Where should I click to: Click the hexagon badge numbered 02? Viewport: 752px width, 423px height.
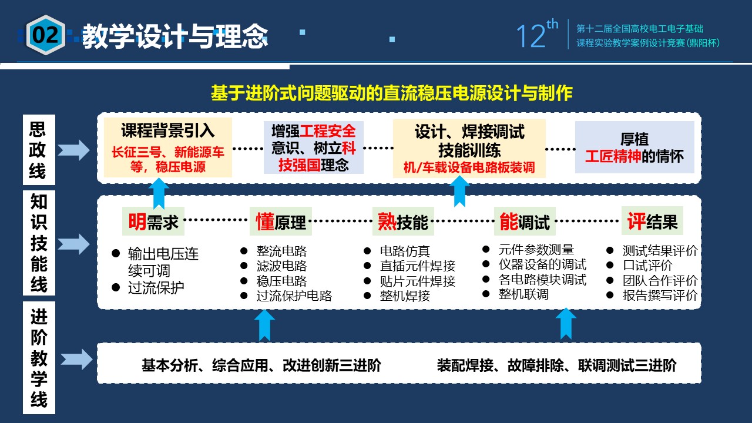(x=46, y=35)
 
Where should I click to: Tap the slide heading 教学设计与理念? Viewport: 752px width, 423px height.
(x=175, y=36)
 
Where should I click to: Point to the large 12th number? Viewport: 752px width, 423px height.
(x=537, y=34)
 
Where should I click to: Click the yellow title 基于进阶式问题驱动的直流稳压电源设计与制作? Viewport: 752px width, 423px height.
(x=391, y=93)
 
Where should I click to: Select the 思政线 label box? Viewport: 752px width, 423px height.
(x=39, y=150)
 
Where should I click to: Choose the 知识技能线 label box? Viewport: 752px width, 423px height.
(x=39, y=243)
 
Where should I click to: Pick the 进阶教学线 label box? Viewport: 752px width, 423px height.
(x=39, y=358)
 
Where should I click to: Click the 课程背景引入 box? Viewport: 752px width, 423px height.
(x=168, y=147)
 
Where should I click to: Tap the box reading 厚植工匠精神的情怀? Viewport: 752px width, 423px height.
(x=634, y=147)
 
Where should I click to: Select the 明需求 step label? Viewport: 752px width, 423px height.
(x=153, y=221)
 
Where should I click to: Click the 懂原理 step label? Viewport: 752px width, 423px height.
(x=281, y=221)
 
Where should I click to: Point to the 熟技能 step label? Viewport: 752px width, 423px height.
(x=403, y=221)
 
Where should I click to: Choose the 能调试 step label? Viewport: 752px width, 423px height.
(x=525, y=221)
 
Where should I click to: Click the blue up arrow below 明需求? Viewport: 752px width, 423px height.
(x=159, y=193)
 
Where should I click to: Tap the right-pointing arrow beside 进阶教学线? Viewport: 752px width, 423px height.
(x=76, y=359)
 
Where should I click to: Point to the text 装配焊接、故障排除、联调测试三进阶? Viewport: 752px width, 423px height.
(x=556, y=365)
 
